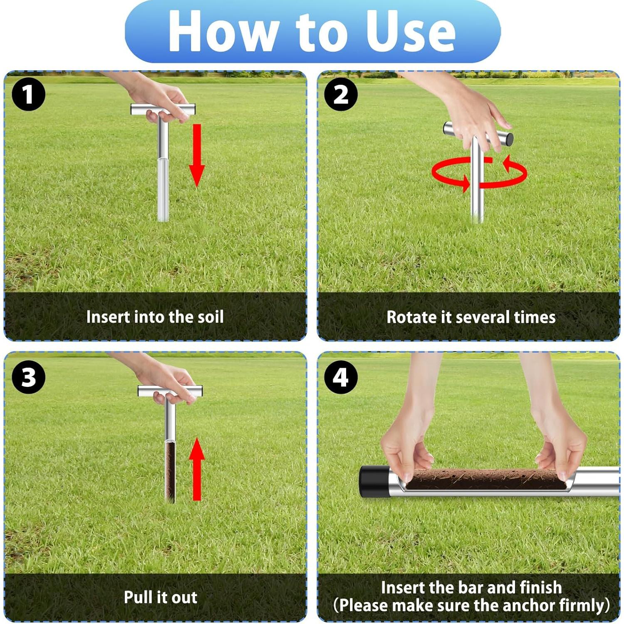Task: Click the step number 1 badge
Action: (28, 94)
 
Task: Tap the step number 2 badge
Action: (341, 94)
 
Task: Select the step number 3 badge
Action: (28, 377)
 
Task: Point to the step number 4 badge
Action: (341, 377)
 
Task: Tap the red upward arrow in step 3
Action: (197, 469)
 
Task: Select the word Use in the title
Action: (410, 32)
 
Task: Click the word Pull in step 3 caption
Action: (135, 597)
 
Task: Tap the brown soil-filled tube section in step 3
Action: (170, 472)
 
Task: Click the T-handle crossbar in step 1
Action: (163, 109)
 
